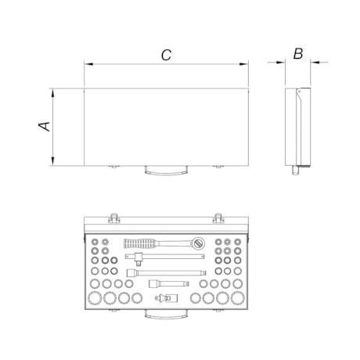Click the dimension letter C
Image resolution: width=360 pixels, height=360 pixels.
[166, 55]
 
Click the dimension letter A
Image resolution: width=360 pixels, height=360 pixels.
[45, 126]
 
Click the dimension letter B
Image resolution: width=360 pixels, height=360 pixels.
[298, 54]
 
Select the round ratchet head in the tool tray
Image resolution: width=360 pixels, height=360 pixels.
[198, 243]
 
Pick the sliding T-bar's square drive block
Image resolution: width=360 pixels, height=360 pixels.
[138, 259]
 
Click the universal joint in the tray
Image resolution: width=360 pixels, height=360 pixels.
[167, 297]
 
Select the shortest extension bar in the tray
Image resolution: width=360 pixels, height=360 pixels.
[169, 283]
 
